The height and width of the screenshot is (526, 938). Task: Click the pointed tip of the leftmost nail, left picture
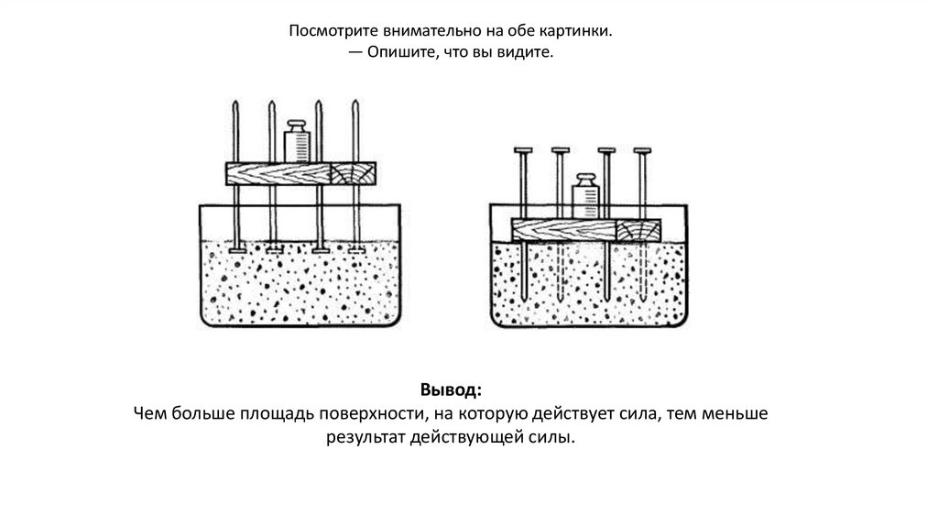point(236,104)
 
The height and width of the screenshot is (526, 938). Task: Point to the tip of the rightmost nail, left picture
point(355,104)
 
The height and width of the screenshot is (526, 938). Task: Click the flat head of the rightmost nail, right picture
point(644,149)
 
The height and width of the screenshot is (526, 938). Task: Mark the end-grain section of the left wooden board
point(352,173)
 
